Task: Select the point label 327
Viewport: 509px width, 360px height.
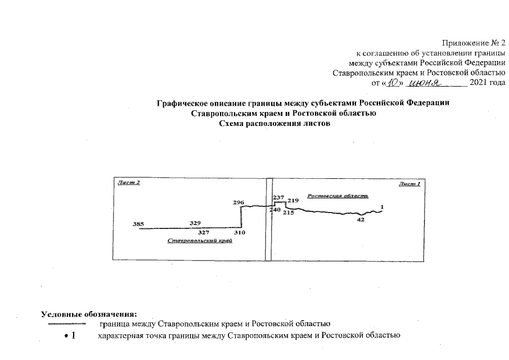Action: [204, 232]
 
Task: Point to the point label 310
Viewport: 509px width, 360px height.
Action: [240, 232]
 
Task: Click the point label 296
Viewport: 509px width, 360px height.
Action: [238, 201]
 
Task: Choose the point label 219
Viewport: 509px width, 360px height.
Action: [292, 200]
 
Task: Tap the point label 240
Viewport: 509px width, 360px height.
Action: [275, 210]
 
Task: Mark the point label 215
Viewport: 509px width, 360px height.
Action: [289, 213]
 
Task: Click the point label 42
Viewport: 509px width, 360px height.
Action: [361, 220]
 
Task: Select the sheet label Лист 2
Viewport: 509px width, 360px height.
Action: [128, 183]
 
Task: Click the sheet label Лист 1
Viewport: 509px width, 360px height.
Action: [409, 183]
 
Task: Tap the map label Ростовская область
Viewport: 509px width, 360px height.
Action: [337, 196]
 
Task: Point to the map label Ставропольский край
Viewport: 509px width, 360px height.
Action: [200, 241]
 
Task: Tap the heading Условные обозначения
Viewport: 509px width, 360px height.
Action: [89, 313]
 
